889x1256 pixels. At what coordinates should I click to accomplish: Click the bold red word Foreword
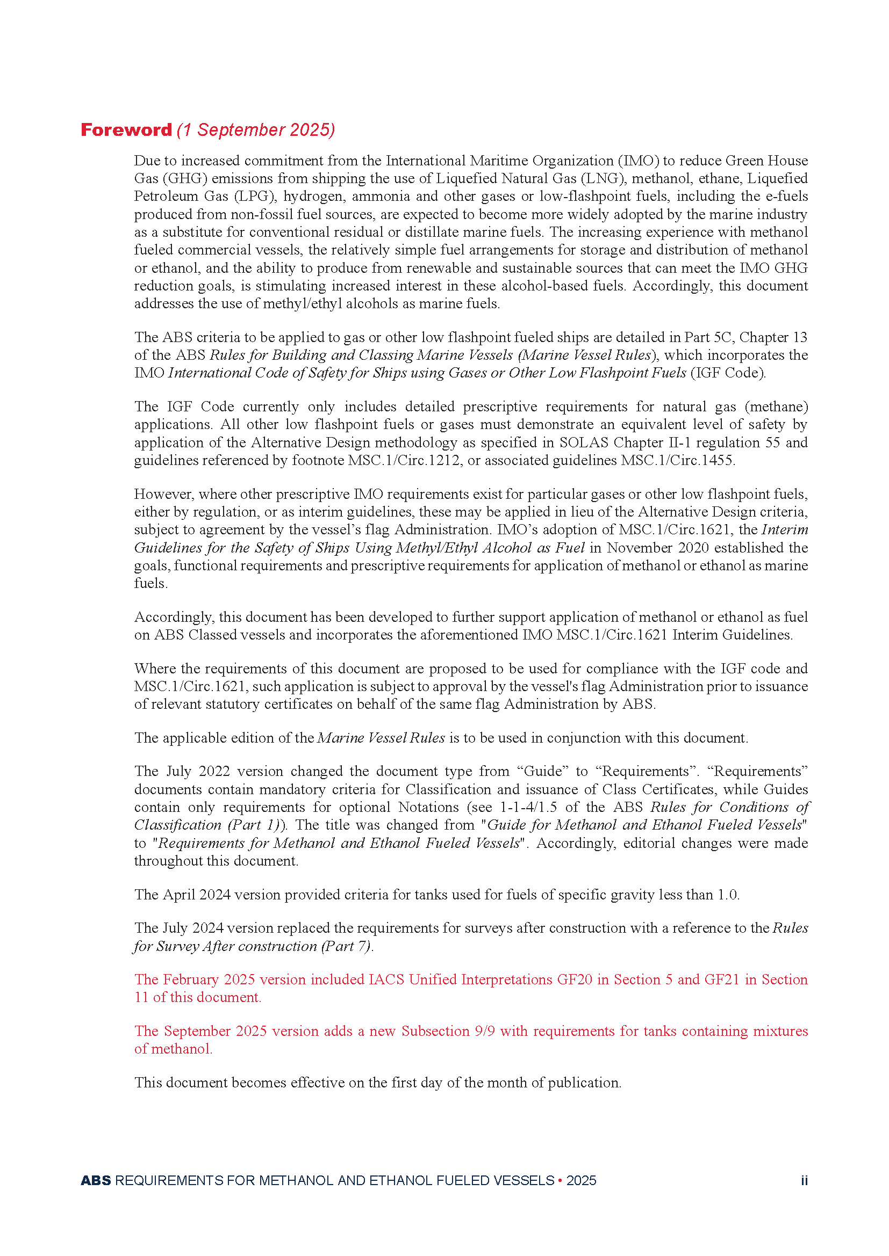[126, 129]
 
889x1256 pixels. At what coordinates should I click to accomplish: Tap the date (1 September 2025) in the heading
[256, 129]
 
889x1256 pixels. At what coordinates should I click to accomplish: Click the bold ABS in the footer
[96, 1180]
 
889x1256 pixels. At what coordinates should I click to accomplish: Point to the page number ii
[804, 1180]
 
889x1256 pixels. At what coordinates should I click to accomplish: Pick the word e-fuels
[787, 197]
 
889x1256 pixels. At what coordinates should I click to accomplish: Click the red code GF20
[574, 979]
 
